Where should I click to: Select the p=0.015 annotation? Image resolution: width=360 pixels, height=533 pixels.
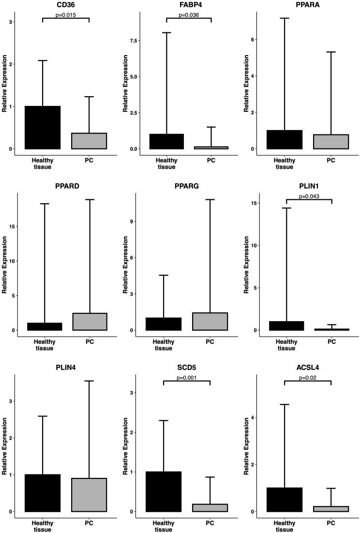point(66,15)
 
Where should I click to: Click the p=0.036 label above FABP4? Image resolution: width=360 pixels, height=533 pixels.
point(189,15)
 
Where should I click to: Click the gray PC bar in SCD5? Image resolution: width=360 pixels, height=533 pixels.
point(210,507)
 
